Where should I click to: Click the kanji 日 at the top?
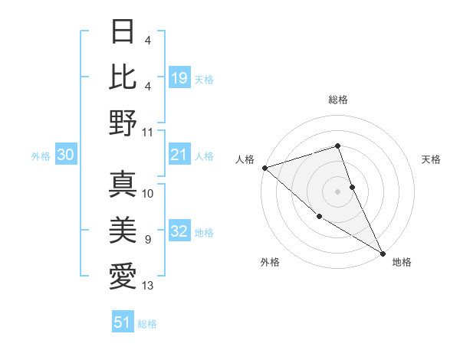coord(123,33)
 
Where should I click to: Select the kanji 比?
coord(123,77)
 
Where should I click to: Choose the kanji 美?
coord(123,231)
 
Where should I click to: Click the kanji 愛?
coord(123,276)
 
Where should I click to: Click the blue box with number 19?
coord(179,77)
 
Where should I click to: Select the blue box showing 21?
coord(179,155)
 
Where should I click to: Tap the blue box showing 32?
coord(179,232)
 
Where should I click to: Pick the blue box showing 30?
coord(66,155)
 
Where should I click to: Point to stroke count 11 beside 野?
coord(148,133)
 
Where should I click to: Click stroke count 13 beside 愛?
coord(148,286)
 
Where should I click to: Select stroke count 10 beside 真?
coord(148,194)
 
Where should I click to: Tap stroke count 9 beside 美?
coord(148,240)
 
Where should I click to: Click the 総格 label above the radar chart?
coord(337,100)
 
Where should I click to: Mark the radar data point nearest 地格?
coord(383,253)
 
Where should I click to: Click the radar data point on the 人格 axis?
coord(264,168)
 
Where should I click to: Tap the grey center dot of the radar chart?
coord(337,191)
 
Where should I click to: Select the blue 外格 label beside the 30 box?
coord(41,156)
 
